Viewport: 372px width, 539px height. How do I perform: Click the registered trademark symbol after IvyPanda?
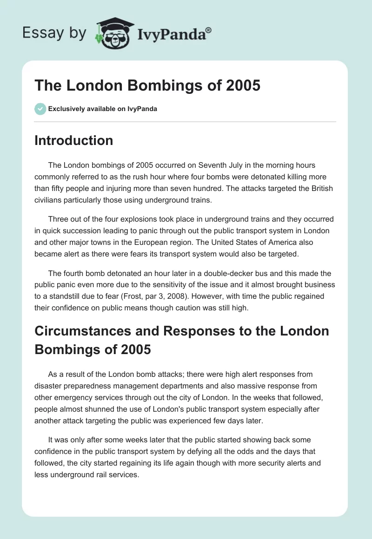click(209, 30)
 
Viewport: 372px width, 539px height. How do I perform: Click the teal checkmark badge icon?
click(40, 109)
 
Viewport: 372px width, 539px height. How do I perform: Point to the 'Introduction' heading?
click(74, 140)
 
